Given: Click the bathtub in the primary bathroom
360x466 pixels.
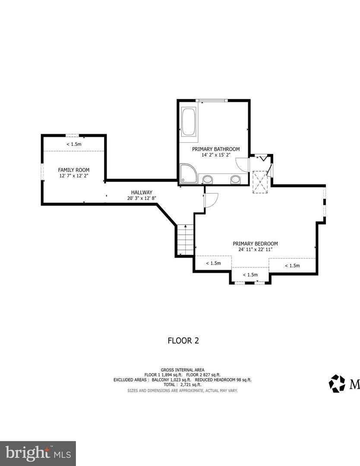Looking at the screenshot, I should click(x=189, y=122).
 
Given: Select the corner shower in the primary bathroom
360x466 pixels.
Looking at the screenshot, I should click(x=188, y=173).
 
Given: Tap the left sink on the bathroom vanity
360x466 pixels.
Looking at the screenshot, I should click(x=208, y=179).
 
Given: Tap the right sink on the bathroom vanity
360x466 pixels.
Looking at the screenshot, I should click(x=235, y=179).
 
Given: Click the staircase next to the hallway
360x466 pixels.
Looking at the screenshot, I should click(x=185, y=240).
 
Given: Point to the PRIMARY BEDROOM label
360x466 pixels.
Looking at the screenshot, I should click(x=255, y=243).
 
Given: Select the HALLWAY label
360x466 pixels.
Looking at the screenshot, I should click(x=142, y=192).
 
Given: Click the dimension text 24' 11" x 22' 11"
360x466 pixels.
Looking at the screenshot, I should click(x=255, y=249).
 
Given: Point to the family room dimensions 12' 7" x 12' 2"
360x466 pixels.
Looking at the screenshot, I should click(x=73, y=176).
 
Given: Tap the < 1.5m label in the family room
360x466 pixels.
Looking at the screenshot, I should click(x=73, y=144).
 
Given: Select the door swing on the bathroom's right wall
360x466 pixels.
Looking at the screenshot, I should click(x=242, y=164).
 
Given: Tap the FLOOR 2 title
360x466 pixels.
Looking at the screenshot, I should click(x=183, y=340).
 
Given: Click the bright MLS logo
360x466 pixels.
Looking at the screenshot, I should click(x=38, y=453).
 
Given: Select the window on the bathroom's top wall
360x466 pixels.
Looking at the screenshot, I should click(x=212, y=101).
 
